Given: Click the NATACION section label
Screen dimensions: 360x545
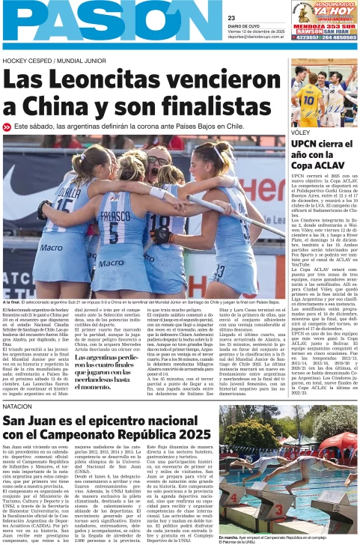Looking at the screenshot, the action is point(17,407).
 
